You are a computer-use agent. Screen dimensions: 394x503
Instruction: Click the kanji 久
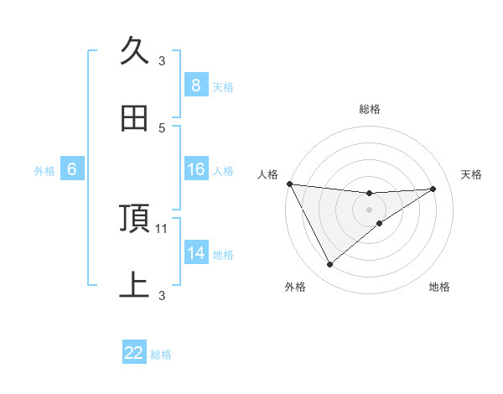[134, 50]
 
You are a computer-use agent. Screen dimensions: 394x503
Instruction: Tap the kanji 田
[134, 118]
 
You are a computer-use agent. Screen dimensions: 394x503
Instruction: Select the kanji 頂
[134, 218]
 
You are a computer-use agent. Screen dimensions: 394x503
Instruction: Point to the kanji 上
[134, 285]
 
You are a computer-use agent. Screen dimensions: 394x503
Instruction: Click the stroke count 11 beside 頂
[163, 228]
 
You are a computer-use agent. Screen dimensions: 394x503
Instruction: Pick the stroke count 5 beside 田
[163, 127]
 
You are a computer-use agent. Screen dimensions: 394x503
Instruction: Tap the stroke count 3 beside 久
[163, 60]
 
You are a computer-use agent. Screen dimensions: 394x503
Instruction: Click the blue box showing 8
[195, 85]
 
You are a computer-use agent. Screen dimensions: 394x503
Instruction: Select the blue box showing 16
[195, 169]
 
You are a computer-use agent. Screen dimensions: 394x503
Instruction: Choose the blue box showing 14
[195, 252]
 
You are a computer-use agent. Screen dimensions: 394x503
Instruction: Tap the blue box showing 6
[72, 169]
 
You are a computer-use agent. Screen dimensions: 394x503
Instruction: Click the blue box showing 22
[134, 353]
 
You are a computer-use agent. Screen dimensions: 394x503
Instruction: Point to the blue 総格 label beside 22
[161, 355]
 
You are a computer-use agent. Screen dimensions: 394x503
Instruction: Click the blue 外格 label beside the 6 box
[44, 171]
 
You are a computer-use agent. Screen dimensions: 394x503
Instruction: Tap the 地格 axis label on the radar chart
[439, 287]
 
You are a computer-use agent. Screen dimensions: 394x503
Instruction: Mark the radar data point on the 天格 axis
[433, 189]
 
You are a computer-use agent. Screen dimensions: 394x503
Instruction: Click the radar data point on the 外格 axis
[329, 265]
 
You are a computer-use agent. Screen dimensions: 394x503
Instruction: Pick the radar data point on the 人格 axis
[289, 184]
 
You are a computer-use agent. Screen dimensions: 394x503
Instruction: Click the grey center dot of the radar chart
[370, 210]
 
